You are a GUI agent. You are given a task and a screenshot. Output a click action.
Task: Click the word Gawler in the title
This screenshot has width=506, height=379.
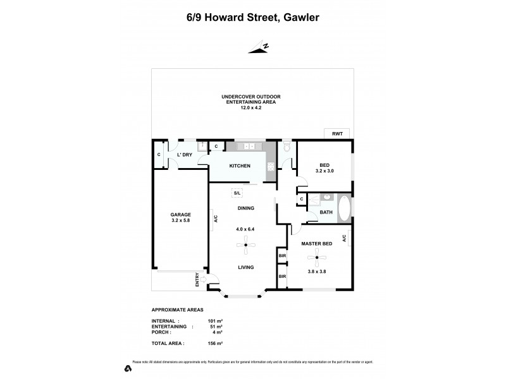tap(300, 18)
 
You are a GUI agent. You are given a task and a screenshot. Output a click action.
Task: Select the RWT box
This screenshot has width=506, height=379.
tap(336, 133)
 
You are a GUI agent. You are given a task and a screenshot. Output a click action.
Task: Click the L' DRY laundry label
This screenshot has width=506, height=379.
tap(184, 155)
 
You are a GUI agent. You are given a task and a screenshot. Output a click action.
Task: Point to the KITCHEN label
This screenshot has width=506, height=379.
tap(240, 166)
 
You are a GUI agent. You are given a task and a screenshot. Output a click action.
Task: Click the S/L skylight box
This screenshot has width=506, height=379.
tap(238, 193)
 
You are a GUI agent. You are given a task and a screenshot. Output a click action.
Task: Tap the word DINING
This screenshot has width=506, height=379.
tap(245, 208)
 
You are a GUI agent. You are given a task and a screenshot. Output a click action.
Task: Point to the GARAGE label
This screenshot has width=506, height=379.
tap(180, 214)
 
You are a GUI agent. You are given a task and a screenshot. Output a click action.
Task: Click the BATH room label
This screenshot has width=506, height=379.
tap(326, 213)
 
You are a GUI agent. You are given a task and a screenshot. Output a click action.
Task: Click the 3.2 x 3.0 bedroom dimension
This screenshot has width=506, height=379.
tap(324, 171)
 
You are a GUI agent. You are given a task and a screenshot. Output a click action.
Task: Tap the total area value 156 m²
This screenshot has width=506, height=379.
tap(216, 343)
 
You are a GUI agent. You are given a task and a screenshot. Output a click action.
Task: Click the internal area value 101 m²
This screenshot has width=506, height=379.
tap(216, 320)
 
